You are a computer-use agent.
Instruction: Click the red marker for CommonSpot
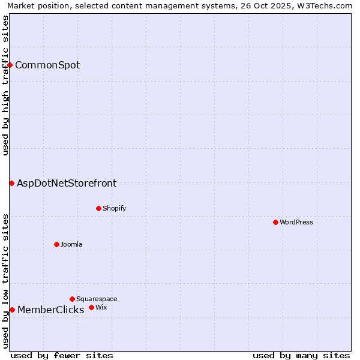click(x=10, y=65)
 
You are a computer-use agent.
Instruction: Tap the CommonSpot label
click(x=47, y=65)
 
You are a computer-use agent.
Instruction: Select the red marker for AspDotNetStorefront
click(x=11, y=183)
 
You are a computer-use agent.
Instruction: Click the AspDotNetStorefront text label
click(x=67, y=184)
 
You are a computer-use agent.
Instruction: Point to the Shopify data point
click(x=98, y=208)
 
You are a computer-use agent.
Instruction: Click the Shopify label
click(x=114, y=209)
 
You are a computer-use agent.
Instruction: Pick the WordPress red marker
click(x=275, y=222)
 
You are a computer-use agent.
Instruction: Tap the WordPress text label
click(x=296, y=223)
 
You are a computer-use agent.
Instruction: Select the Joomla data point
click(x=56, y=244)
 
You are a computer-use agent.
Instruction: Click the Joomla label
click(x=71, y=245)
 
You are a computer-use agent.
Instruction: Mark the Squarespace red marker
click(x=72, y=299)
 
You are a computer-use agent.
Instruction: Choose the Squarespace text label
click(x=97, y=299)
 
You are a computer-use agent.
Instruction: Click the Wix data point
click(x=91, y=307)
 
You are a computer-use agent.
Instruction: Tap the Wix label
click(x=101, y=308)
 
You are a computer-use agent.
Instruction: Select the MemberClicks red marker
click(x=12, y=310)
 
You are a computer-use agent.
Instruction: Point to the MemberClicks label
click(x=50, y=310)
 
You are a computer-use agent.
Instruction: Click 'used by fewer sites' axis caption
click(x=62, y=355)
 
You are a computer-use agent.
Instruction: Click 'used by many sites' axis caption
click(x=301, y=355)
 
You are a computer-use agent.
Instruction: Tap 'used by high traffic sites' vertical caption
click(x=5, y=85)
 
